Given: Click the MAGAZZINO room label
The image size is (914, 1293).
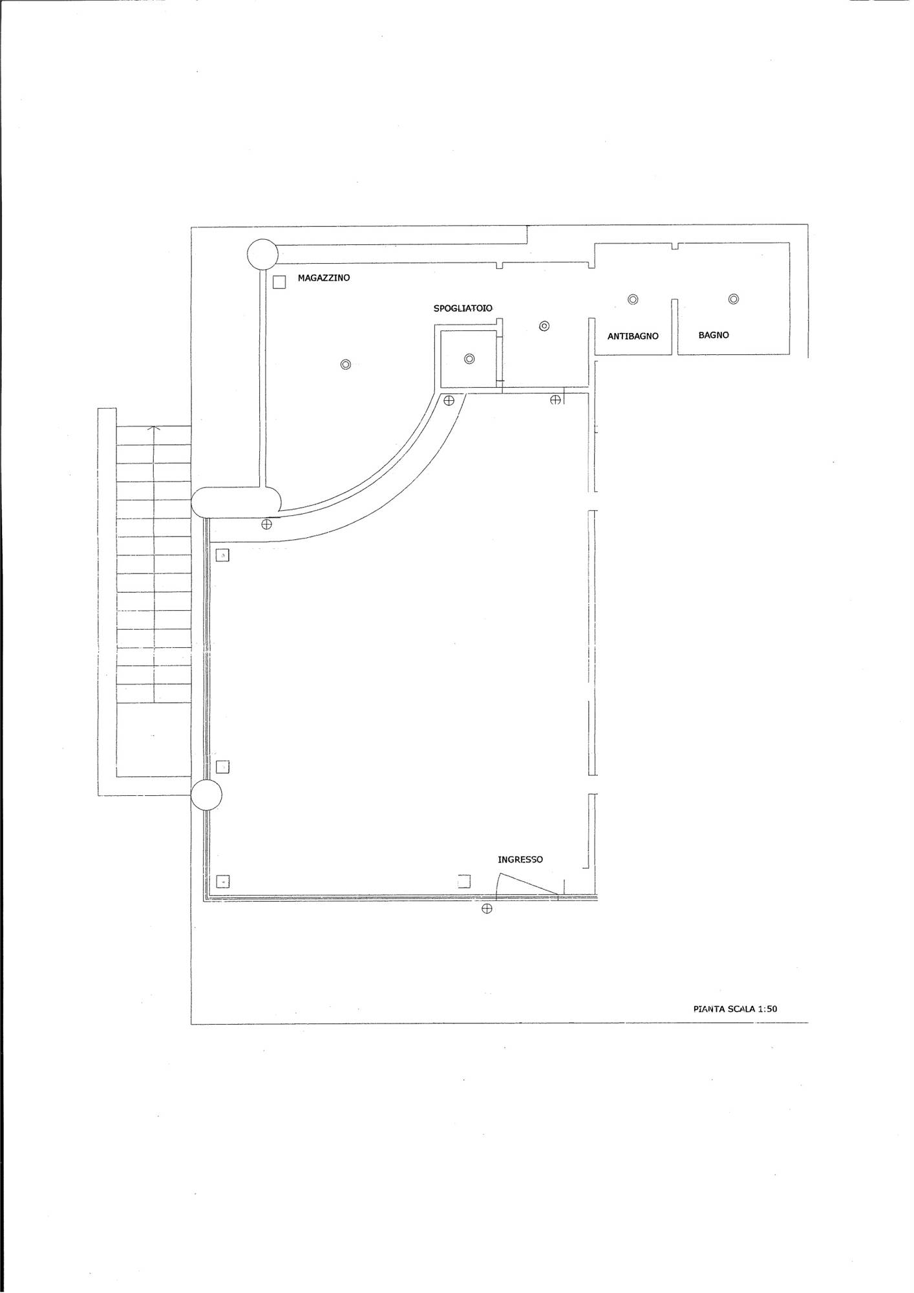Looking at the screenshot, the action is click(x=324, y=278).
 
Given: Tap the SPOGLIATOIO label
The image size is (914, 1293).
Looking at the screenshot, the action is click(x=463, y=308).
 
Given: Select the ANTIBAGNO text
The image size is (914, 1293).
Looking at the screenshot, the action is click(x=633, y=336).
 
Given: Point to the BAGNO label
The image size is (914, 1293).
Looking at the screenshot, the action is click(x=714, y=335).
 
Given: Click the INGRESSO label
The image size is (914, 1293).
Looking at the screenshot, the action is click(x=520, y=860).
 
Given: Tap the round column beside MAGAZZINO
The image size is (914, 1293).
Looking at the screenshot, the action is click(x=262, y=255).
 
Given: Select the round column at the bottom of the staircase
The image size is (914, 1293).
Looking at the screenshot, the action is click(x=207, y=795).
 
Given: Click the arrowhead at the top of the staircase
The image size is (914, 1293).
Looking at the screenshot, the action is click(x=154, y=428).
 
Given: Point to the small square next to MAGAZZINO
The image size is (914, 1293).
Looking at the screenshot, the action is click(x=279, y=283).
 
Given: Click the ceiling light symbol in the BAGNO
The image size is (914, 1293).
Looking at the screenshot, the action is click(x=733, y=299).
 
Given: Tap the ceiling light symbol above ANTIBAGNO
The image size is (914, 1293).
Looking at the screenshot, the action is click(x=633, y=299).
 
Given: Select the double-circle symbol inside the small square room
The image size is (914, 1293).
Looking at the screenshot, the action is click(x=469, y=359).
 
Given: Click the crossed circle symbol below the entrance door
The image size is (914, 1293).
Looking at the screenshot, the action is click(x=487, y=909).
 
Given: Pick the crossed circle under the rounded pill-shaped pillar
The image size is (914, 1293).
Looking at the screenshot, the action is click(x=266, y=524).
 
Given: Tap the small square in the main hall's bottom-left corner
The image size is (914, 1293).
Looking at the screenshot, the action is click(x=222, y=881).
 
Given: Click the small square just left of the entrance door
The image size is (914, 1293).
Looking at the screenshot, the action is click(x=464, y=882).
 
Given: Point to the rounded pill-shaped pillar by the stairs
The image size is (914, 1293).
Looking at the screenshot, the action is click(x=237, y=502).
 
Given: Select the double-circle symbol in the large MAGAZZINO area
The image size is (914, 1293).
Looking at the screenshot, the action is click(x=345, y=365).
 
